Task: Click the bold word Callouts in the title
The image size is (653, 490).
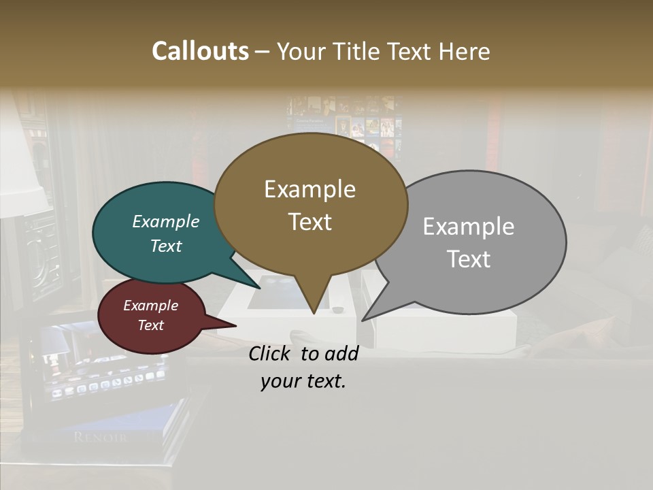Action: coord(200,51)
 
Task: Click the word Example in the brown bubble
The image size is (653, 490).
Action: coord(310,189)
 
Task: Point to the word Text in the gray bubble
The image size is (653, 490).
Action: coord(469,259)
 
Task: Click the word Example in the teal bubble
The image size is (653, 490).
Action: coord(166,221)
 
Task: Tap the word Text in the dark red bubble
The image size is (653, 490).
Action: coord(151,325)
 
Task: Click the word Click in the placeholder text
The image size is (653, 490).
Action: coord(270,353)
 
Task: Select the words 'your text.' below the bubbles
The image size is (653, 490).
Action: coord(303,381)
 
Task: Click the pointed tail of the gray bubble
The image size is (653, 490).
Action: coord(365,318)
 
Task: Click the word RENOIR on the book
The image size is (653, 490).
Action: coord(100,437)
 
